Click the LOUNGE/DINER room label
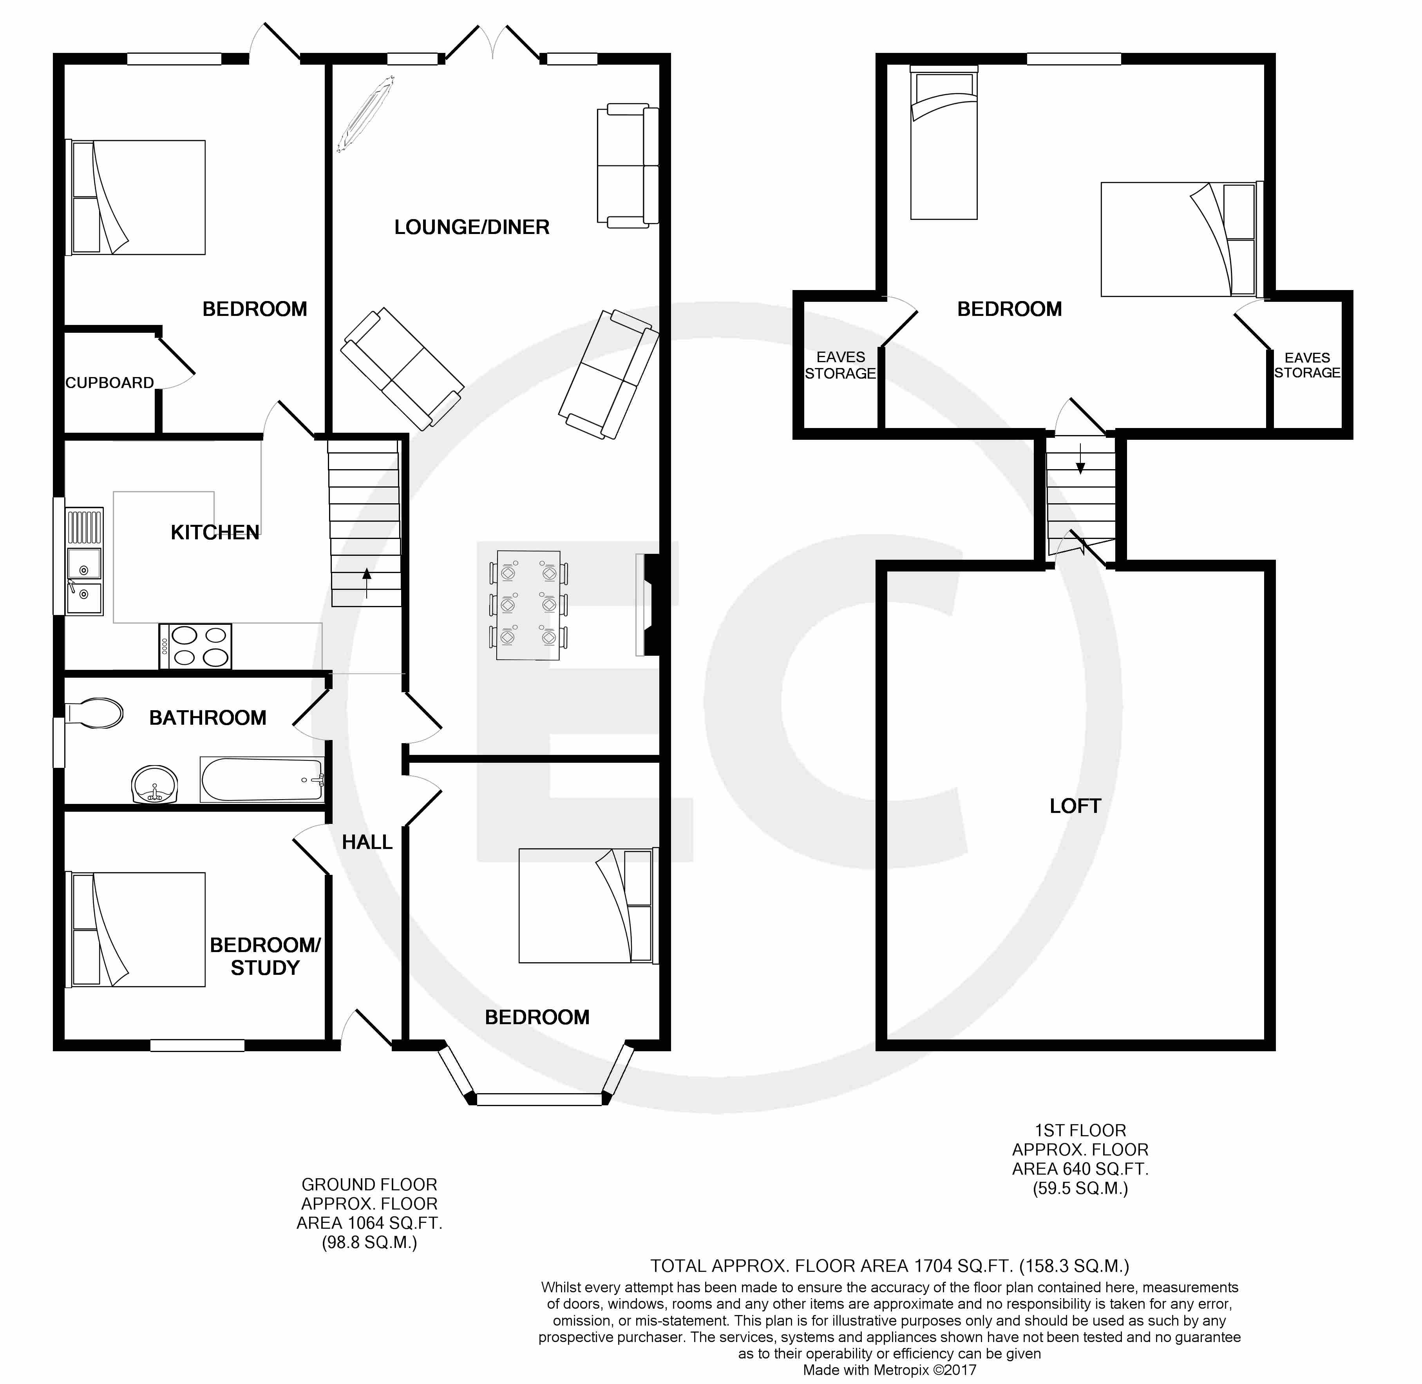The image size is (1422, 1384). [472, 227]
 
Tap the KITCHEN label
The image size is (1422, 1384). [215, 533]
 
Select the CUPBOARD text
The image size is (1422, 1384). [110, 383]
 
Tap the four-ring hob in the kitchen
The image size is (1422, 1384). [195, 646]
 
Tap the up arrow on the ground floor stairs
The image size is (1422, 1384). [366, 583]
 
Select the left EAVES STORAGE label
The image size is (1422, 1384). [841, 365]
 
